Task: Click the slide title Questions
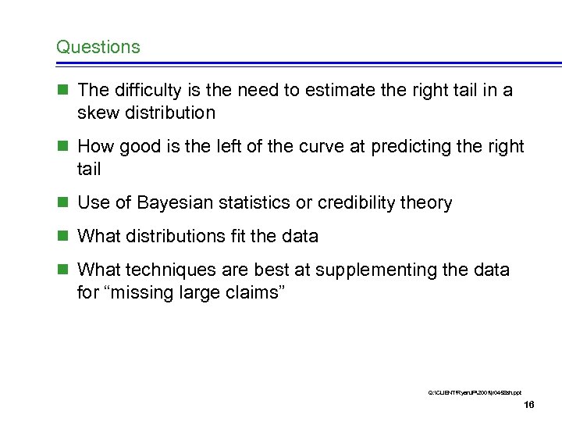coord(98,47)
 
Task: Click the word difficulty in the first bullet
coord(142,91)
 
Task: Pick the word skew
coord(95,113)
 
